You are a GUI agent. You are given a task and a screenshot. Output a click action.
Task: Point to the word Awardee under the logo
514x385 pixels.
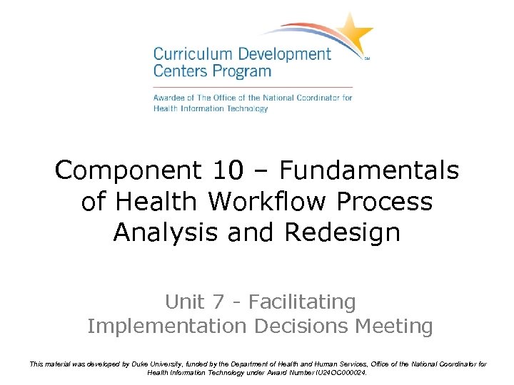coord(168,97)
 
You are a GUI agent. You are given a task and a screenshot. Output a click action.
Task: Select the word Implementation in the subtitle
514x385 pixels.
coord(165,327)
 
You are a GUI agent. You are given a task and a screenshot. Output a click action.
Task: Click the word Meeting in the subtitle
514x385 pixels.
coord(400,327)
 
